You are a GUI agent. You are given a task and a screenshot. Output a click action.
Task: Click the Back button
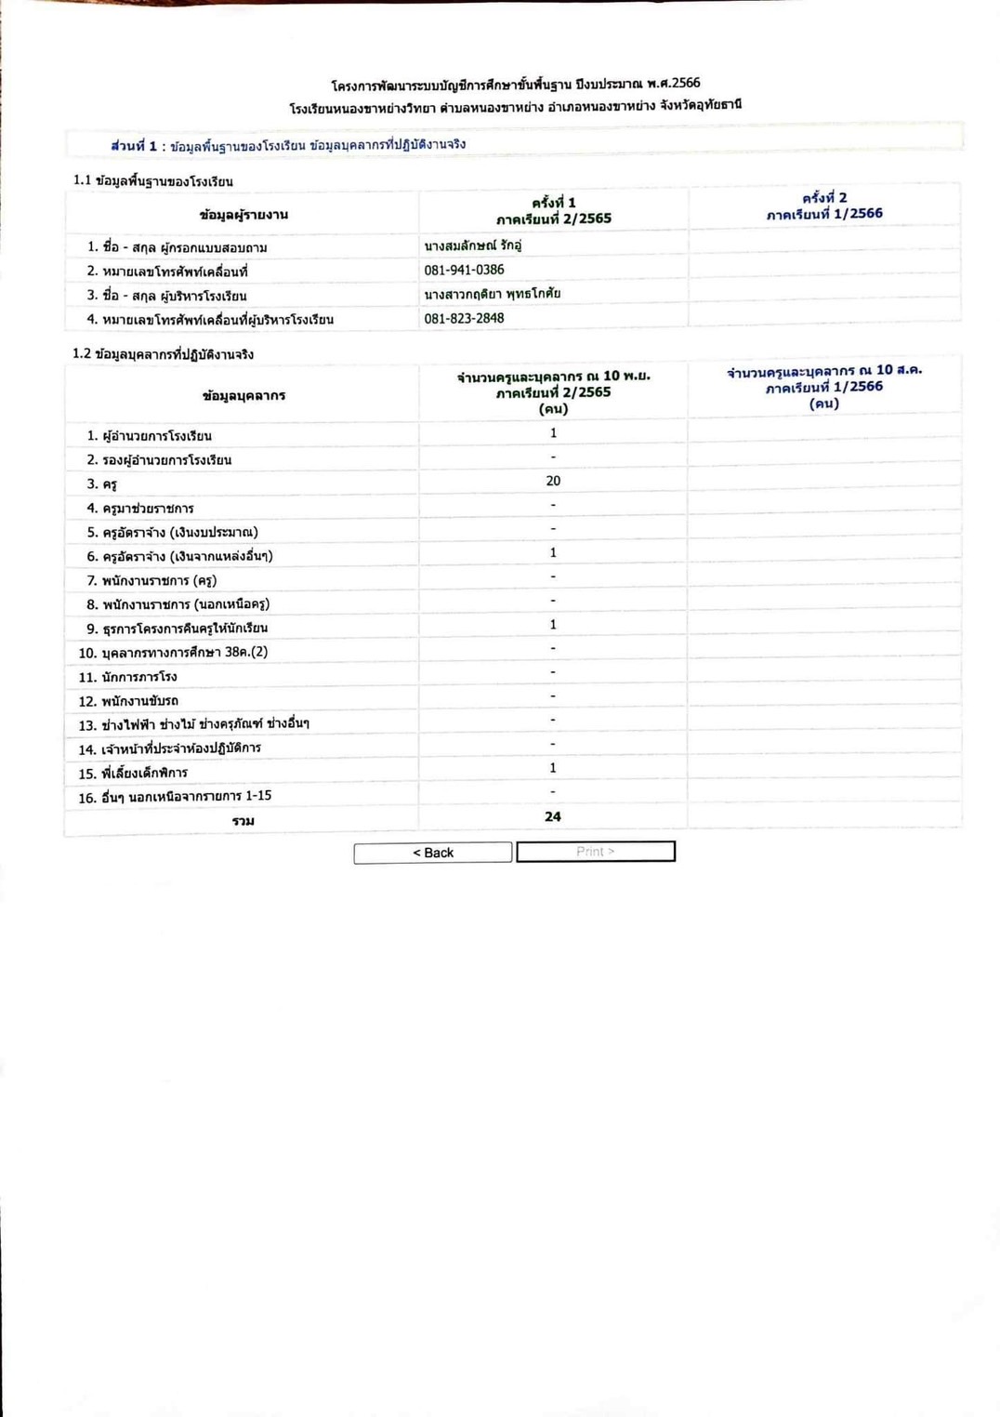click(x=433, y=853)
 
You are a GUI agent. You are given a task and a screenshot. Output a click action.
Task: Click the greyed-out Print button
click(x=596, y=852)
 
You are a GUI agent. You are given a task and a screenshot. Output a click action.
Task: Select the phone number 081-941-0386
click(x=464, y=270)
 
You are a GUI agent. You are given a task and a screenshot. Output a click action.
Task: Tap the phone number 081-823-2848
click(x=464, y=318)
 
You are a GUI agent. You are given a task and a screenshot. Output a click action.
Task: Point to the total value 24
click(x=553, y=816)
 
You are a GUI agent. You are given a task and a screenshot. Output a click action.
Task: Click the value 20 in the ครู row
click(x=553, y=481)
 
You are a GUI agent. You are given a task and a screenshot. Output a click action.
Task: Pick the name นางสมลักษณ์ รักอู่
click(x=472, y=245)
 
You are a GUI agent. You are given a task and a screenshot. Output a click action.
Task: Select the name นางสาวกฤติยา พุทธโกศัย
click(x=493, y=294)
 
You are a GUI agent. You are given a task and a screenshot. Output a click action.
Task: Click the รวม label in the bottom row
click(x=243, y=820)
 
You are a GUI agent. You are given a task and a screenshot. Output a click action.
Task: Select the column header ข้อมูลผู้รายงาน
click(x=243, y=214)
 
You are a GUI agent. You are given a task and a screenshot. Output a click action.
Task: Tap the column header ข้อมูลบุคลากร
click(x=243, y=395)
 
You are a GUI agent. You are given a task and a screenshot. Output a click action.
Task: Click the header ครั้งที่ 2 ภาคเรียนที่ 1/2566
click(x=824, y=205)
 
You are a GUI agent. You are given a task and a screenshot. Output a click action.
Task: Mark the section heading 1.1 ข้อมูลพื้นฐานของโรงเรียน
click(x=153, y=180)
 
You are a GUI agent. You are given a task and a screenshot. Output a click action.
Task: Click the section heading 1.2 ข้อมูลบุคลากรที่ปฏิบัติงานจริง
click(x=164, y=354)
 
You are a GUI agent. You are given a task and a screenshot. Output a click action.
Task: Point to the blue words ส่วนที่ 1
click(x=134, y=145)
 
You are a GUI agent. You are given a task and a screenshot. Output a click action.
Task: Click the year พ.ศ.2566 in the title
click(x=674, y=83)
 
